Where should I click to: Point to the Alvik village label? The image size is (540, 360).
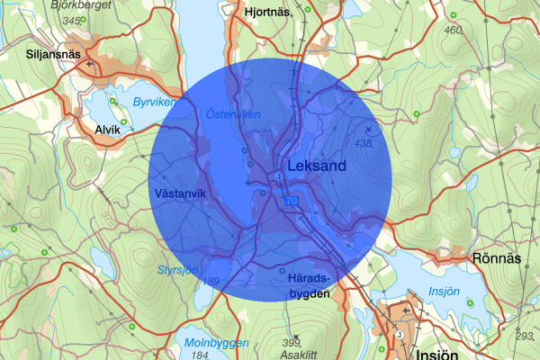pyautogui.click(x=107, y=130)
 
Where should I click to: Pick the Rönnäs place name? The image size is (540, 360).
pyautogui.click(x=496, y=258)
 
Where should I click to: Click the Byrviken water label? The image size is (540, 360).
pyautogui.click(x=150, y=103)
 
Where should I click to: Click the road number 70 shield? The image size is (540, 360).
pyautogui.click(x=291, y=202)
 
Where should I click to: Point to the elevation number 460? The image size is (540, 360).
pyautogui.click(x=453, y=31)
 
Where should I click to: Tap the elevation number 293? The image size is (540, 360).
pyautogui.click(x=525, y=336)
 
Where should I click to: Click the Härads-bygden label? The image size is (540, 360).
pyautogui.click(x=309, y=285)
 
